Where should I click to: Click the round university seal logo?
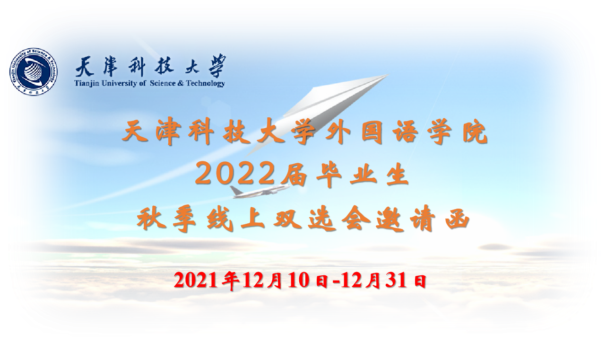34,71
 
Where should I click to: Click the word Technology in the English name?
206,83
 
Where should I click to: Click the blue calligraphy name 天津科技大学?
150,66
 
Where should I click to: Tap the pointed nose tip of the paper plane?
389,75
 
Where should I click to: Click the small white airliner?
260,192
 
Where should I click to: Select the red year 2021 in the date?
196,280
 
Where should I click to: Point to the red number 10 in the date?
298,280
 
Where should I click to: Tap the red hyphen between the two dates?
336,282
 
